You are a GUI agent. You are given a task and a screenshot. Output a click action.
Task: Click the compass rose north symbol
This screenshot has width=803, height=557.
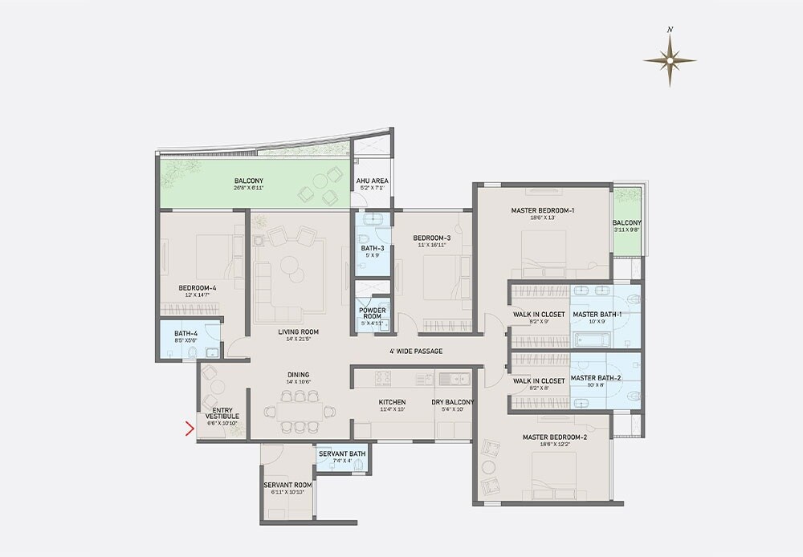coord(670,59)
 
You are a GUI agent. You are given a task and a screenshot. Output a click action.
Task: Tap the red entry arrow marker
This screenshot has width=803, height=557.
coord(190,429)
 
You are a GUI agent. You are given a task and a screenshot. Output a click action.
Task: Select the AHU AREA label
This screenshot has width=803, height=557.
coord(373,181)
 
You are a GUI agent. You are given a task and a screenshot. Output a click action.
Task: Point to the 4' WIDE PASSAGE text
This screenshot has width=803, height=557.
coord(417,351)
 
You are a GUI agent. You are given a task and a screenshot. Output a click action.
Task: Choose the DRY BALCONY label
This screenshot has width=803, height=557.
coord(453,402)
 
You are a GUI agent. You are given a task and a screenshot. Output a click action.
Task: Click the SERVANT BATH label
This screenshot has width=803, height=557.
coord(342,453)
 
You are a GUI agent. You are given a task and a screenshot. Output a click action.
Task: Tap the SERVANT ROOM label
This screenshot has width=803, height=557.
coord(287,485)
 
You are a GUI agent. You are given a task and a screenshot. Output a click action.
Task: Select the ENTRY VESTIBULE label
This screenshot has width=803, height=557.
coord(221,413)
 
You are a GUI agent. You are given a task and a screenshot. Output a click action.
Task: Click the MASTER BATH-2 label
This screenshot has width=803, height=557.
coord(597,377)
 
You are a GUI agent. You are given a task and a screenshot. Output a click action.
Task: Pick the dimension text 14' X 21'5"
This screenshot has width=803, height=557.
coord(299,339)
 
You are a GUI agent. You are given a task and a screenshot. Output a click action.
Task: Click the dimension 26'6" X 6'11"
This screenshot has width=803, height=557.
coord(249,189)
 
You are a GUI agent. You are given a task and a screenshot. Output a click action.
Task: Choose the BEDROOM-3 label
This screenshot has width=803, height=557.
coord(432,238)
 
